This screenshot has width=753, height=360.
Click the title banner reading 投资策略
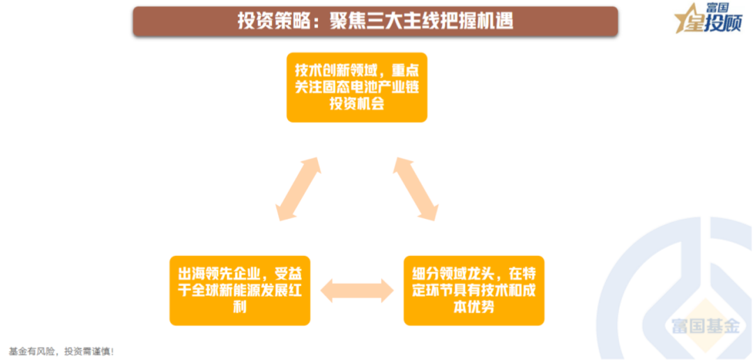pyautogui.click(x=375, y=21)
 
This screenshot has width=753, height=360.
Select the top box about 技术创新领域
pyautogui.click(x=357, y=87)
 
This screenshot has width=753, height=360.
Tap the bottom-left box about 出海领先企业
pyautogui.click(x=240, y=290)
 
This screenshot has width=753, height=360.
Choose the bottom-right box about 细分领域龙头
pyautogui.click(x=474, y=290)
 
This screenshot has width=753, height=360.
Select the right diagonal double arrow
pyautogui.click(x=416, y=189)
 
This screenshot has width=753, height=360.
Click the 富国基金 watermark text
pyautogui.click(x=705, y=326)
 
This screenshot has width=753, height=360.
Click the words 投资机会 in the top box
pyautogui.click(x=357, y=104)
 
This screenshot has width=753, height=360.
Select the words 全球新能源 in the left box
pyautogui.click(x=229, y=290)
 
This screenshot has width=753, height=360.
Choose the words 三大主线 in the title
pyautogui.click(x=393, y=21)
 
